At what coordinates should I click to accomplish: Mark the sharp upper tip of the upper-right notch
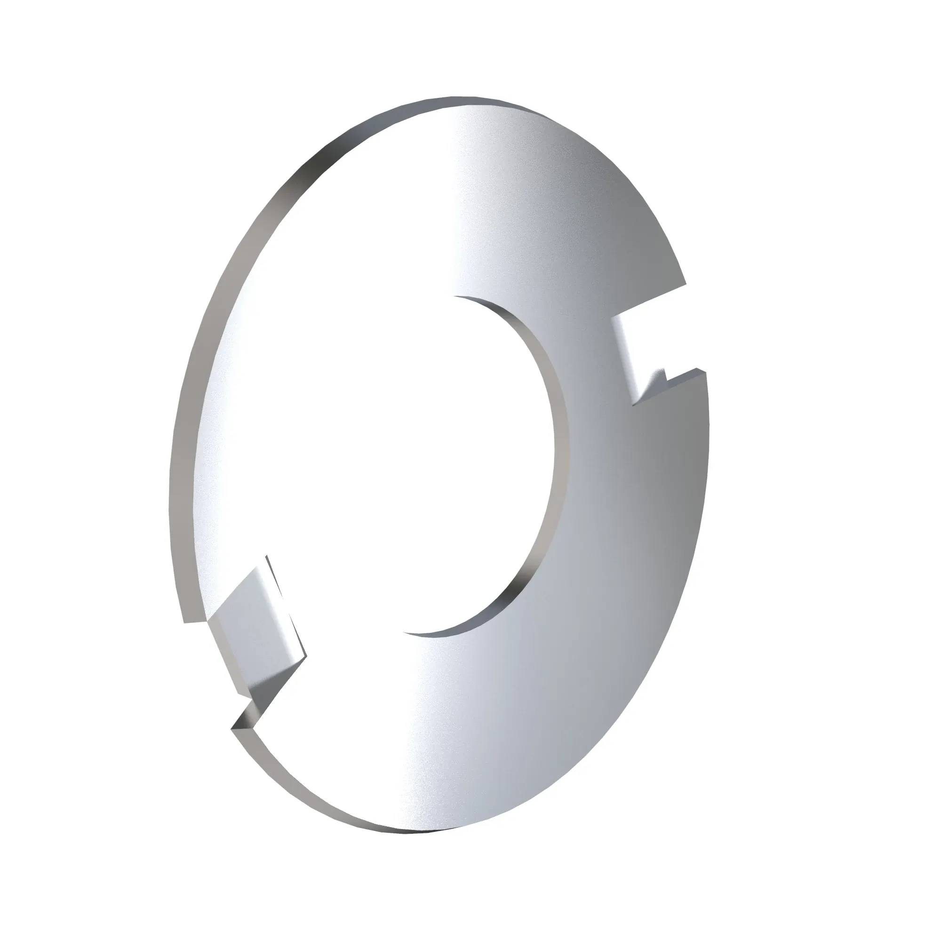pyautogui.click(x=686, y=283)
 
